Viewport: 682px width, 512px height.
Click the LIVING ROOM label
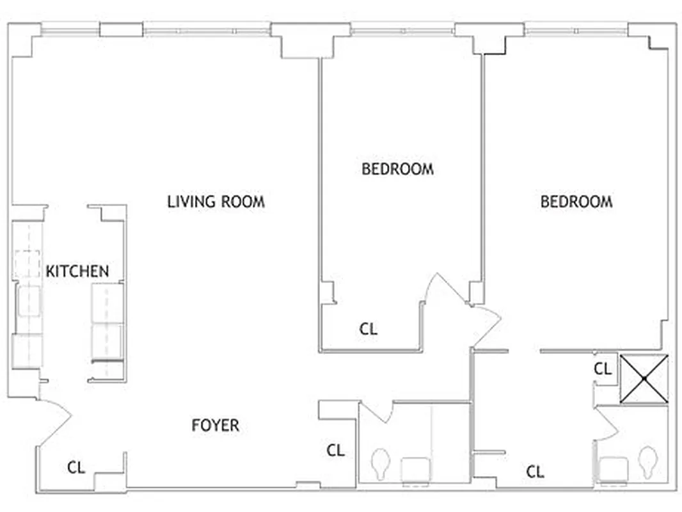216,202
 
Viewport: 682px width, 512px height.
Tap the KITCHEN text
77,271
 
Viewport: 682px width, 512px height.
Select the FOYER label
216,425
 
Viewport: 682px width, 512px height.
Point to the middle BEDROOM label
397,170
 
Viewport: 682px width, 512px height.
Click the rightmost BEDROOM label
576,202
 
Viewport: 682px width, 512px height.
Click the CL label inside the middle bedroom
369,330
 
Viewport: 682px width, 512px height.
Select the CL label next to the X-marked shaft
603,369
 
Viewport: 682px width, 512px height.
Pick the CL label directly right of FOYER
336,451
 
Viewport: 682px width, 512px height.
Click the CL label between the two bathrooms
535,472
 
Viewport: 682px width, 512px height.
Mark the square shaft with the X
644,379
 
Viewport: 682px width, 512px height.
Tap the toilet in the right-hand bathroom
649,460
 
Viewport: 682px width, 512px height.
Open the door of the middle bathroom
377,412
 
